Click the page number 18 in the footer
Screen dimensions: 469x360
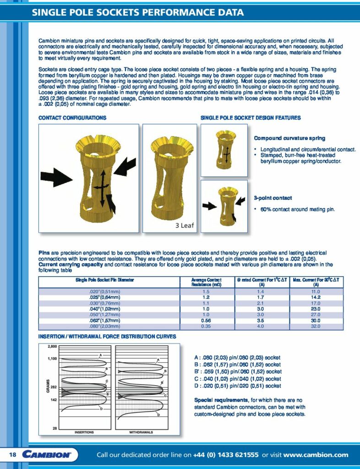click(12, 455)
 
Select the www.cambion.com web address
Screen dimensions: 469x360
click(316, 455)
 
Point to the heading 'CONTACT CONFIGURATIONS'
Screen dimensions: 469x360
click(72, 118)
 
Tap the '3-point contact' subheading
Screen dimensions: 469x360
click(273, 198)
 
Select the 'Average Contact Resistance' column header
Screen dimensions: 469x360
click(206, 282)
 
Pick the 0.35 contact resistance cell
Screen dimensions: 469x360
click(206, 327)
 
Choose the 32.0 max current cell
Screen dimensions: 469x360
click(316, 327)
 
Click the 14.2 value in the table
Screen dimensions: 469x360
click(316, 297)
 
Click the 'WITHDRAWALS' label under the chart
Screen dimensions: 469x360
click(141, 431)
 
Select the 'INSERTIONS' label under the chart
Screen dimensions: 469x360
click(84, 431)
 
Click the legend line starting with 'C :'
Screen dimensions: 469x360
click(238, 379)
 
